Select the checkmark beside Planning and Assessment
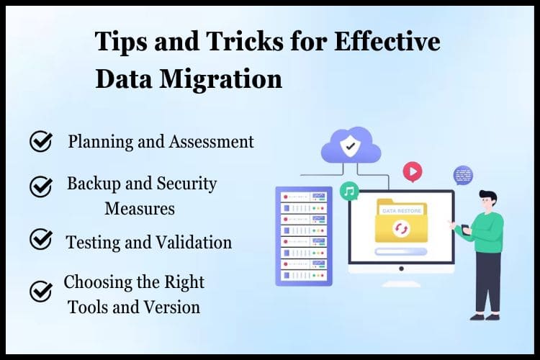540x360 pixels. click(x=41, y=141)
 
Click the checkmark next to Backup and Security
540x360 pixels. click(x=41, y=186)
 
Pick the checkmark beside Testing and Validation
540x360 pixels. click(x=41, y=238)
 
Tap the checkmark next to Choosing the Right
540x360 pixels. click(x=41, y=291)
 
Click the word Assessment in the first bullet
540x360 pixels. click(x=211, y=142)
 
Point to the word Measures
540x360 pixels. click(x=140, y=208)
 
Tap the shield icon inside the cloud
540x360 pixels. click(x=350, y=145)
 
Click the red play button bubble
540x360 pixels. click(x=413, y=171)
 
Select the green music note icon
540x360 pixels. click(x=349, y=191)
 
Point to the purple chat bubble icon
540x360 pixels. click(x=463, y=176)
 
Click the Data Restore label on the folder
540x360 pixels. click(x=402, y=211)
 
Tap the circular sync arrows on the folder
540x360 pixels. click(x=401, y=228)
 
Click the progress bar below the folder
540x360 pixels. click(x=401, y=252)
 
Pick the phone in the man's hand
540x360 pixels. click(x=466, y=230)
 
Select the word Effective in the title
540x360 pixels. click(x=387, y=41)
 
